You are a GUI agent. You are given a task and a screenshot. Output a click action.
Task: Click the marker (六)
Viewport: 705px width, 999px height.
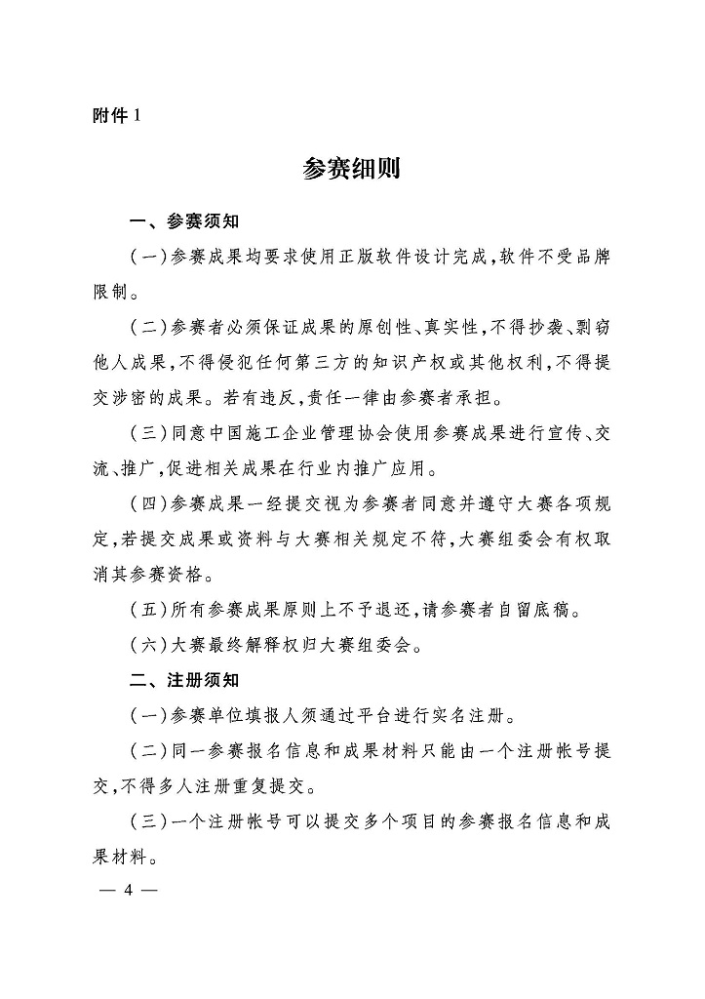(x=148, y=645)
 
